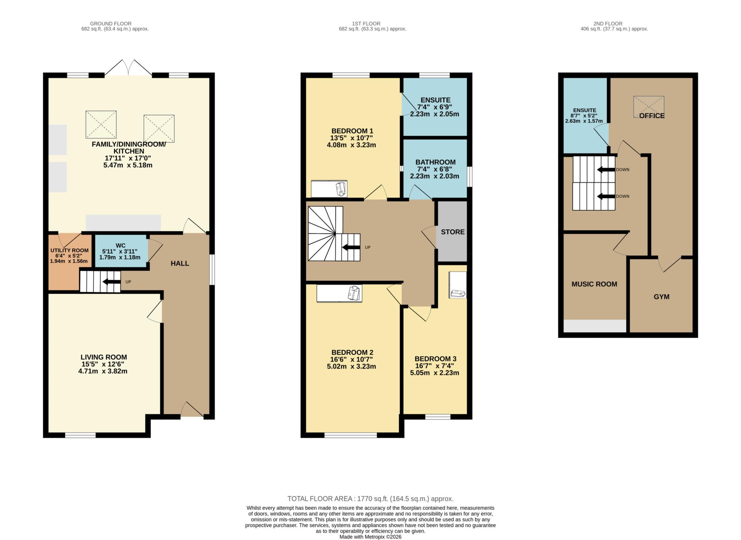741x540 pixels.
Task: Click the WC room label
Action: pos(120,246)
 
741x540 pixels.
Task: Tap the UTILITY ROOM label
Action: pos(69,250)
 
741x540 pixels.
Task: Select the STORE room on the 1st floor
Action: pos(453,232)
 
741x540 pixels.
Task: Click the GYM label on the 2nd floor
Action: pos(661,297)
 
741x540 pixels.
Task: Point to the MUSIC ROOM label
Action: pos(594,284)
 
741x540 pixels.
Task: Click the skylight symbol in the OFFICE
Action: pos(648,106)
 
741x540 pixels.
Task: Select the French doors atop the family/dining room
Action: pos(128,69)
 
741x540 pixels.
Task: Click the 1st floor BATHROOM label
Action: pos(435,162)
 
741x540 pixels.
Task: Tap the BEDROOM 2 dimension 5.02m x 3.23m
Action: pos(351,366)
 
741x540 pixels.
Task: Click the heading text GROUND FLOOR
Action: pos(111,24)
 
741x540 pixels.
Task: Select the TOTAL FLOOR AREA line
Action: pos(370,499)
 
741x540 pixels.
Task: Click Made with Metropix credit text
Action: pos(370,537)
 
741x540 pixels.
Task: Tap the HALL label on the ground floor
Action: pos(180,263)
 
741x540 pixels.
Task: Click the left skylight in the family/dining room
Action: pos(101,124)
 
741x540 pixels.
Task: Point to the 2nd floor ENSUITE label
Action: pos(584,110)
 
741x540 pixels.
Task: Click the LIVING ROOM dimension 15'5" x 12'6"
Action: pos(103,364)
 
